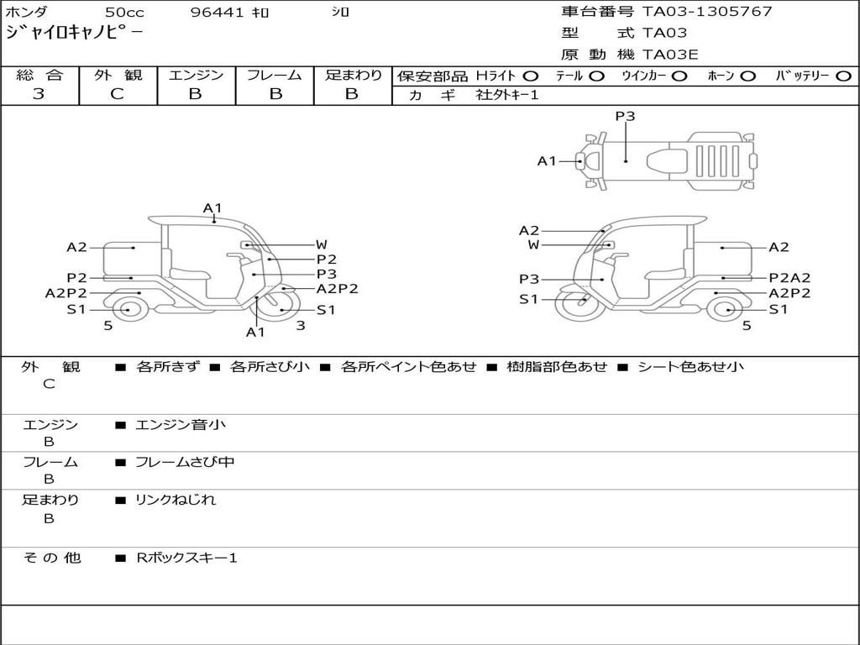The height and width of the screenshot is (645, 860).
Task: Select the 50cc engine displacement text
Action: coord(123,13)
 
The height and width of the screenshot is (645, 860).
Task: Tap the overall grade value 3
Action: coord(39,93)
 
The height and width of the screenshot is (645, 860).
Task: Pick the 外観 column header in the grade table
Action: coord(118,75)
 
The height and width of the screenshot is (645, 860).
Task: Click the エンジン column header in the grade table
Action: coord(196,75)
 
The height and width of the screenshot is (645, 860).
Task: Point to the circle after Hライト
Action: coord(531,76)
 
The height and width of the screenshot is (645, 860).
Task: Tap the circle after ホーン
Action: coord(748,76)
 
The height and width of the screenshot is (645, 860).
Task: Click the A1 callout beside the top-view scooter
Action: coord(547,160)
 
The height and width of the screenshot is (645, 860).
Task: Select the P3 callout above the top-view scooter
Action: coord(625,117)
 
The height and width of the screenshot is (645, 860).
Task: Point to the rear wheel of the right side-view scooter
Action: coord(725,309)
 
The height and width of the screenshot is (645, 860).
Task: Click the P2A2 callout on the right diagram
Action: coord(789,278)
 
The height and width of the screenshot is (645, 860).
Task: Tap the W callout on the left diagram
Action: coord(321,244)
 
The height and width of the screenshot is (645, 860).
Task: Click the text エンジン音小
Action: coord(181,425)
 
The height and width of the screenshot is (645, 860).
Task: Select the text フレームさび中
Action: coord(185,462)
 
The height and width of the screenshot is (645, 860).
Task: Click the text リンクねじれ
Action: coord(176,500)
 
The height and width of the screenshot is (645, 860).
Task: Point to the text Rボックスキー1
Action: coord(186,558)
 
